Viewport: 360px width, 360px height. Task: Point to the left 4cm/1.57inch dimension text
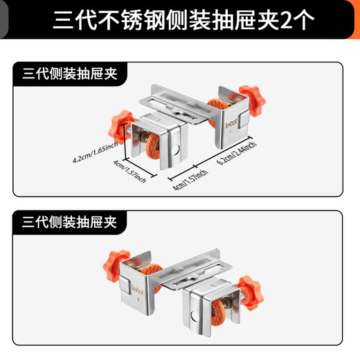tap(131, 172)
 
